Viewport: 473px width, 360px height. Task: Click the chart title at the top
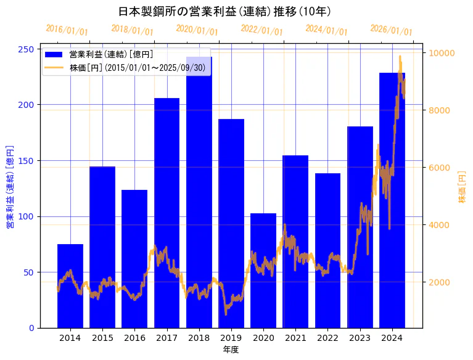coord(224,11)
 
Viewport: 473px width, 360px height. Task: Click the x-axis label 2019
coord(231,338)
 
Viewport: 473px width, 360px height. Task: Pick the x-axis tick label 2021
coord(295,338)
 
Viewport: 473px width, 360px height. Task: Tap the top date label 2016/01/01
coord(67,30)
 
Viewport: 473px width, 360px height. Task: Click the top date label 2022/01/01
coord(261,30)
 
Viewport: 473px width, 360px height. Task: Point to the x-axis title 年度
coord(231,350)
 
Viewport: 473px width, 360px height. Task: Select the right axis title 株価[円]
coord(462,187)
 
